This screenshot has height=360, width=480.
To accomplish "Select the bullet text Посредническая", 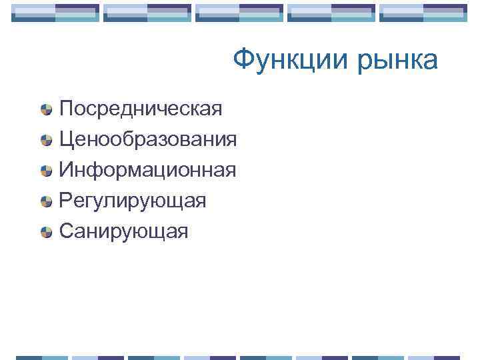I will click(141, 108).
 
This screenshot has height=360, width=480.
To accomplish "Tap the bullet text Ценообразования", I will click(147, 139).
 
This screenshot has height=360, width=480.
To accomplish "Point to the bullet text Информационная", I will click(147, 170).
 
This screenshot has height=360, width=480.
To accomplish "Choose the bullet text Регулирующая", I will click(133, 201).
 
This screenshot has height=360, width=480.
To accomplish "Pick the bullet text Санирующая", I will click(124, 231).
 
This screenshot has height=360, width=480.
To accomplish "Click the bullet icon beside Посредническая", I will click(46, 109).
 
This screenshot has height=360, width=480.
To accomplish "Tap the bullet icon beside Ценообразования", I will click(46, 140).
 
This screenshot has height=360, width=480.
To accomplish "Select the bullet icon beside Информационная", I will click(46, 171).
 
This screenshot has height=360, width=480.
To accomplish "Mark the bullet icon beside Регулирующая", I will click(46, 201).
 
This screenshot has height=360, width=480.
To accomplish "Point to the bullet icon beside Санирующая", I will click(46, 232).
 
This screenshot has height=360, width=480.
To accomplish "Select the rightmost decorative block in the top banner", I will click(423, 13).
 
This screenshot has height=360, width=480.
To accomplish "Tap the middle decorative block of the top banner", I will click(239, 13).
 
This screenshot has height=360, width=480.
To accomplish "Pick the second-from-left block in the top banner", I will click(147, 13).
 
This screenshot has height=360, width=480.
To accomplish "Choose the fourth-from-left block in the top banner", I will click(331, 13).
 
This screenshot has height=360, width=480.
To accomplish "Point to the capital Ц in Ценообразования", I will click(66, 139).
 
